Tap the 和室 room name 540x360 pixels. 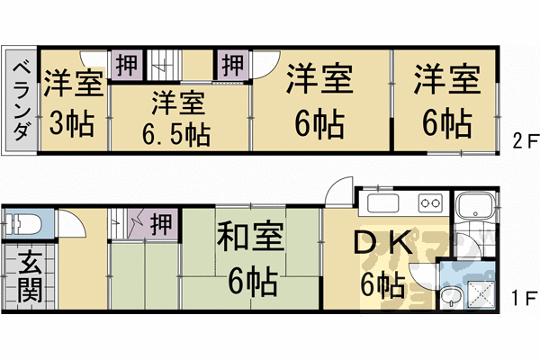tap(250, 239)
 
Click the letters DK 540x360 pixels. tap(382, 244)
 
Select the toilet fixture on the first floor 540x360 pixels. tap(25, 222)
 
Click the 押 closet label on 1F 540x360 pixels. tap(161, 221)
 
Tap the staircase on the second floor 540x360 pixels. tap(162, 64)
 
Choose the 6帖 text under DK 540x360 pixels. tap(382, 285)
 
